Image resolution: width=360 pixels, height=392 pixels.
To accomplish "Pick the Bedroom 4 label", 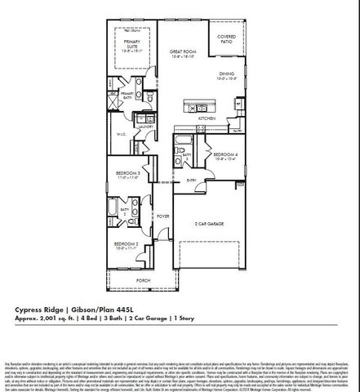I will coord(225,154).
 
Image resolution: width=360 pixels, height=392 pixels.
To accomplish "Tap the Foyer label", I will coord(163,216).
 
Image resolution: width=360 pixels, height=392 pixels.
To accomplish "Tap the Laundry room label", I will coord(147,128).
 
